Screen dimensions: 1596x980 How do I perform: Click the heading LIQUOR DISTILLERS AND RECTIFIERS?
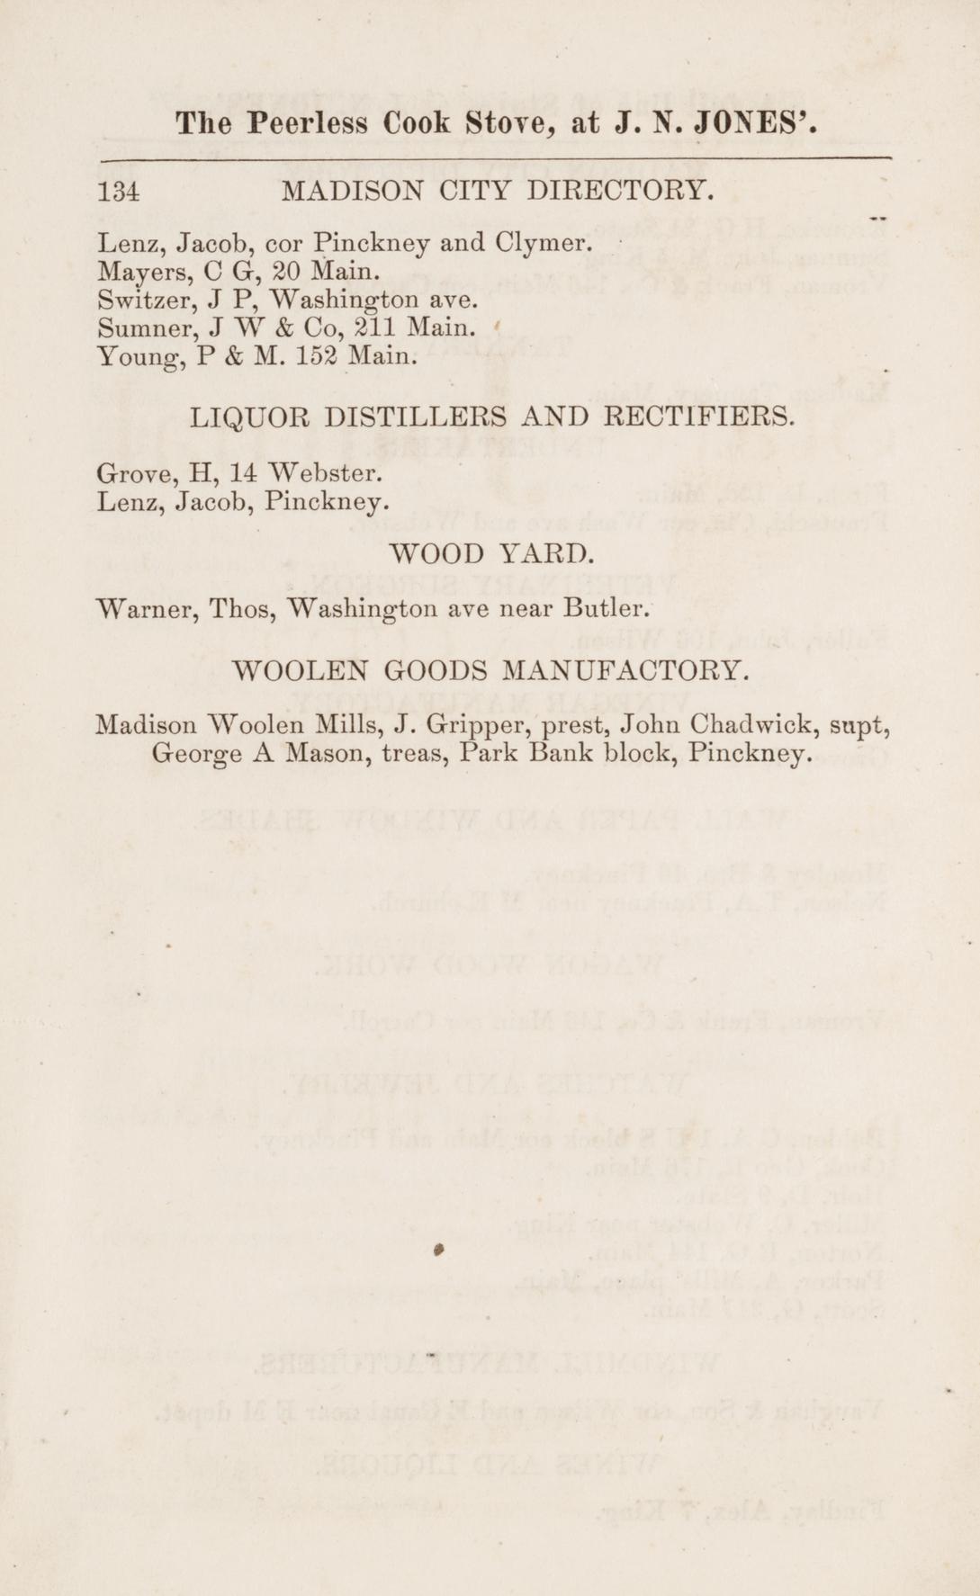pos(492,417)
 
